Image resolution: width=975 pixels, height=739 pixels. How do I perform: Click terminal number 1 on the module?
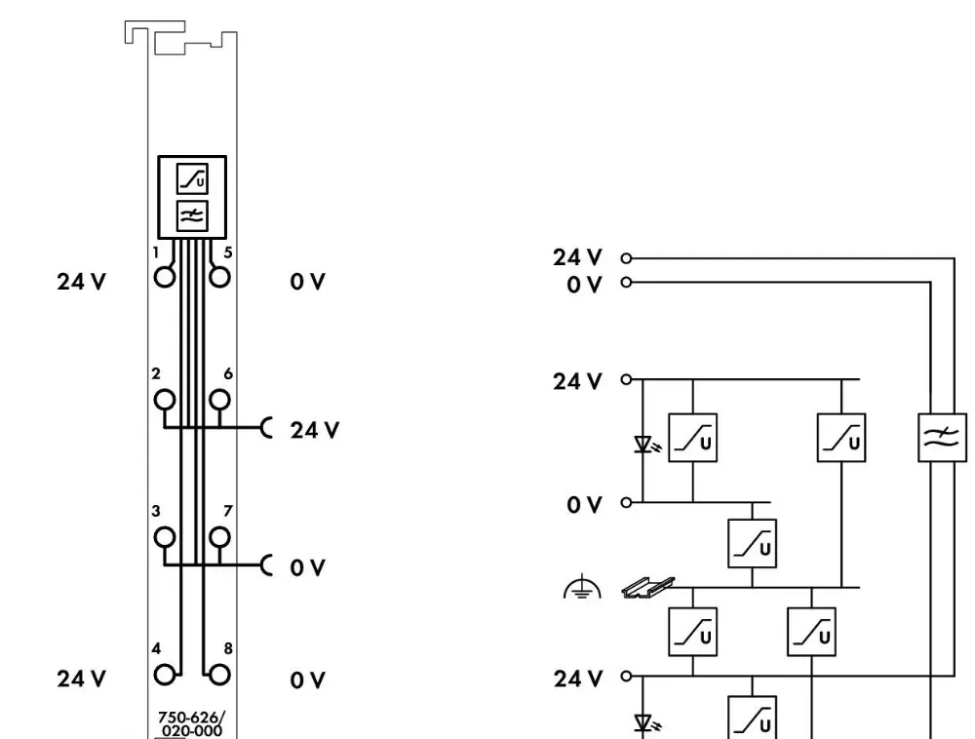point(164,276)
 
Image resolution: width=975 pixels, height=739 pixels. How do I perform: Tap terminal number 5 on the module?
point(220,276)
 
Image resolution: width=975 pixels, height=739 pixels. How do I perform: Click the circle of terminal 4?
point(164,672)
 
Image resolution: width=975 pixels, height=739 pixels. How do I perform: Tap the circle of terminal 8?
point(220,672)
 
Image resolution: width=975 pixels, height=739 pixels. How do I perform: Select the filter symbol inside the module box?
point(191,216)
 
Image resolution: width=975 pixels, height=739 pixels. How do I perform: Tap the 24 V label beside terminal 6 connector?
point(314,429)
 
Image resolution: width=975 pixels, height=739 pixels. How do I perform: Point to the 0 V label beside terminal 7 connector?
point(307,566)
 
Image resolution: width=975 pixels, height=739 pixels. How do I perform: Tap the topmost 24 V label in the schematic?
point(578,258)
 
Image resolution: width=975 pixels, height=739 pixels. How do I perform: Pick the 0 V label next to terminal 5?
point(307,283)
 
